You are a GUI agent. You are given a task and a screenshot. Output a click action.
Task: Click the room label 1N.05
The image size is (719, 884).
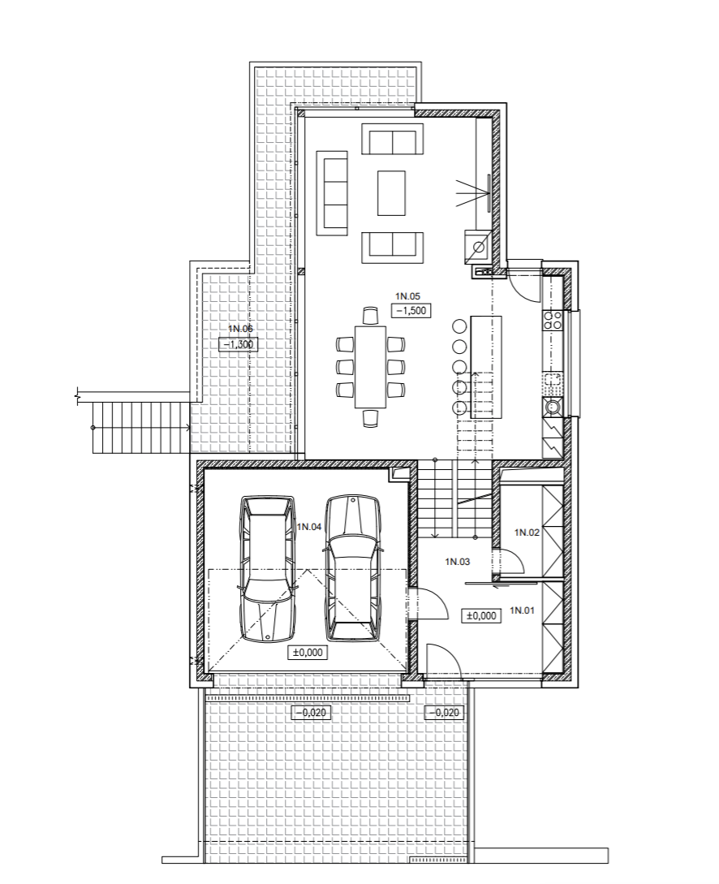click(x=407, y=296)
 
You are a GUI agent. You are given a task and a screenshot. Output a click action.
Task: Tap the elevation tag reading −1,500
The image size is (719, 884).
click(x=411, y=310)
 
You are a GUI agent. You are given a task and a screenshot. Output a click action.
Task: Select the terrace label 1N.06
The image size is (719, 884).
click(x=240, y=329)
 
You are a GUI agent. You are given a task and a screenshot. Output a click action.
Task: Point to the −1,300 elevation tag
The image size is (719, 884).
click(x=239, y=344)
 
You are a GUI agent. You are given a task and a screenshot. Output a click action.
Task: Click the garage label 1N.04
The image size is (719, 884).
click(x=309, y=527)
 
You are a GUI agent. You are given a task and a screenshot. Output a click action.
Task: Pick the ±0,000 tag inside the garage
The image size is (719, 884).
click(x=308, y=653)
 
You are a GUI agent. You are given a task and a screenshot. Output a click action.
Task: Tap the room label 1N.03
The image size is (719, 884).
click(x=458, y=562)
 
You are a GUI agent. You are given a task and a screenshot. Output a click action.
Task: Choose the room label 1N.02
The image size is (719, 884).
click(x=527, y=533)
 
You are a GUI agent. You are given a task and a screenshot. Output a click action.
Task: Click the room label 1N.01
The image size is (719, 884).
click(x=522, y=610)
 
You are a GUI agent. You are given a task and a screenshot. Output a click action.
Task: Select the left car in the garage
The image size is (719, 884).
click(x=268, y=567)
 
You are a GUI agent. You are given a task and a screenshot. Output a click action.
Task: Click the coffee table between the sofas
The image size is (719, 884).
click(x=392, y=193)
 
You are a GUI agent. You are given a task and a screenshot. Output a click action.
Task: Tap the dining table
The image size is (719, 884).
click(x=371, y=366)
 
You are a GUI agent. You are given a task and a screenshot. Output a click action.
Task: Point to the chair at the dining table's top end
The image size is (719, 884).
click(x=370, y=316)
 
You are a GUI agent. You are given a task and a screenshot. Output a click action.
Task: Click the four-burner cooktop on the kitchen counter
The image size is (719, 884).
click(x=552, y=320)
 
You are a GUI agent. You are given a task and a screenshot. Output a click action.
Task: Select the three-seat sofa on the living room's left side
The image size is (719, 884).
click(x=332, y=193)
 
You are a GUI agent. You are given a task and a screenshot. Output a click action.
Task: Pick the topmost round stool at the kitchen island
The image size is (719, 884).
click(x=460, y=326)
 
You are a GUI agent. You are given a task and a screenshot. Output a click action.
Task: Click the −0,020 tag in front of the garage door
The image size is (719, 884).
click(x=309, y=713)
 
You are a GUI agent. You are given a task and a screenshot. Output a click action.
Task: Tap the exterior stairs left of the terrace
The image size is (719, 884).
click(x=140, y=427)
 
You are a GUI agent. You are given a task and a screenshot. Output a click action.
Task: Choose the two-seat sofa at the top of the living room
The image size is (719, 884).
click(x=392, y=139)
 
